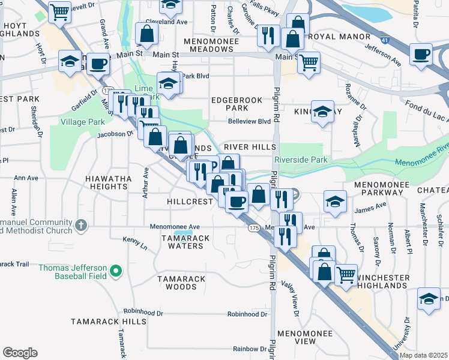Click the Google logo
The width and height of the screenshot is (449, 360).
(20, 353)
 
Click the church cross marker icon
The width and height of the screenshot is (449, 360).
(82, 226)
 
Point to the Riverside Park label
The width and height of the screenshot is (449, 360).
(301, 160)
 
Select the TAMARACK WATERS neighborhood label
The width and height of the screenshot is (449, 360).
(185, 242)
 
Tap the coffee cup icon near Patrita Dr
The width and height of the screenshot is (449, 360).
(421, 55)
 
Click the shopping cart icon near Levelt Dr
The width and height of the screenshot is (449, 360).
(59, 11)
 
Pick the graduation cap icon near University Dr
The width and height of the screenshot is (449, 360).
(429, 299)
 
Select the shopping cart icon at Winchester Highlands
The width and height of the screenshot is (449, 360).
(346, 275)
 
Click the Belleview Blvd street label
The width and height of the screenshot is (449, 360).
(249, 121)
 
